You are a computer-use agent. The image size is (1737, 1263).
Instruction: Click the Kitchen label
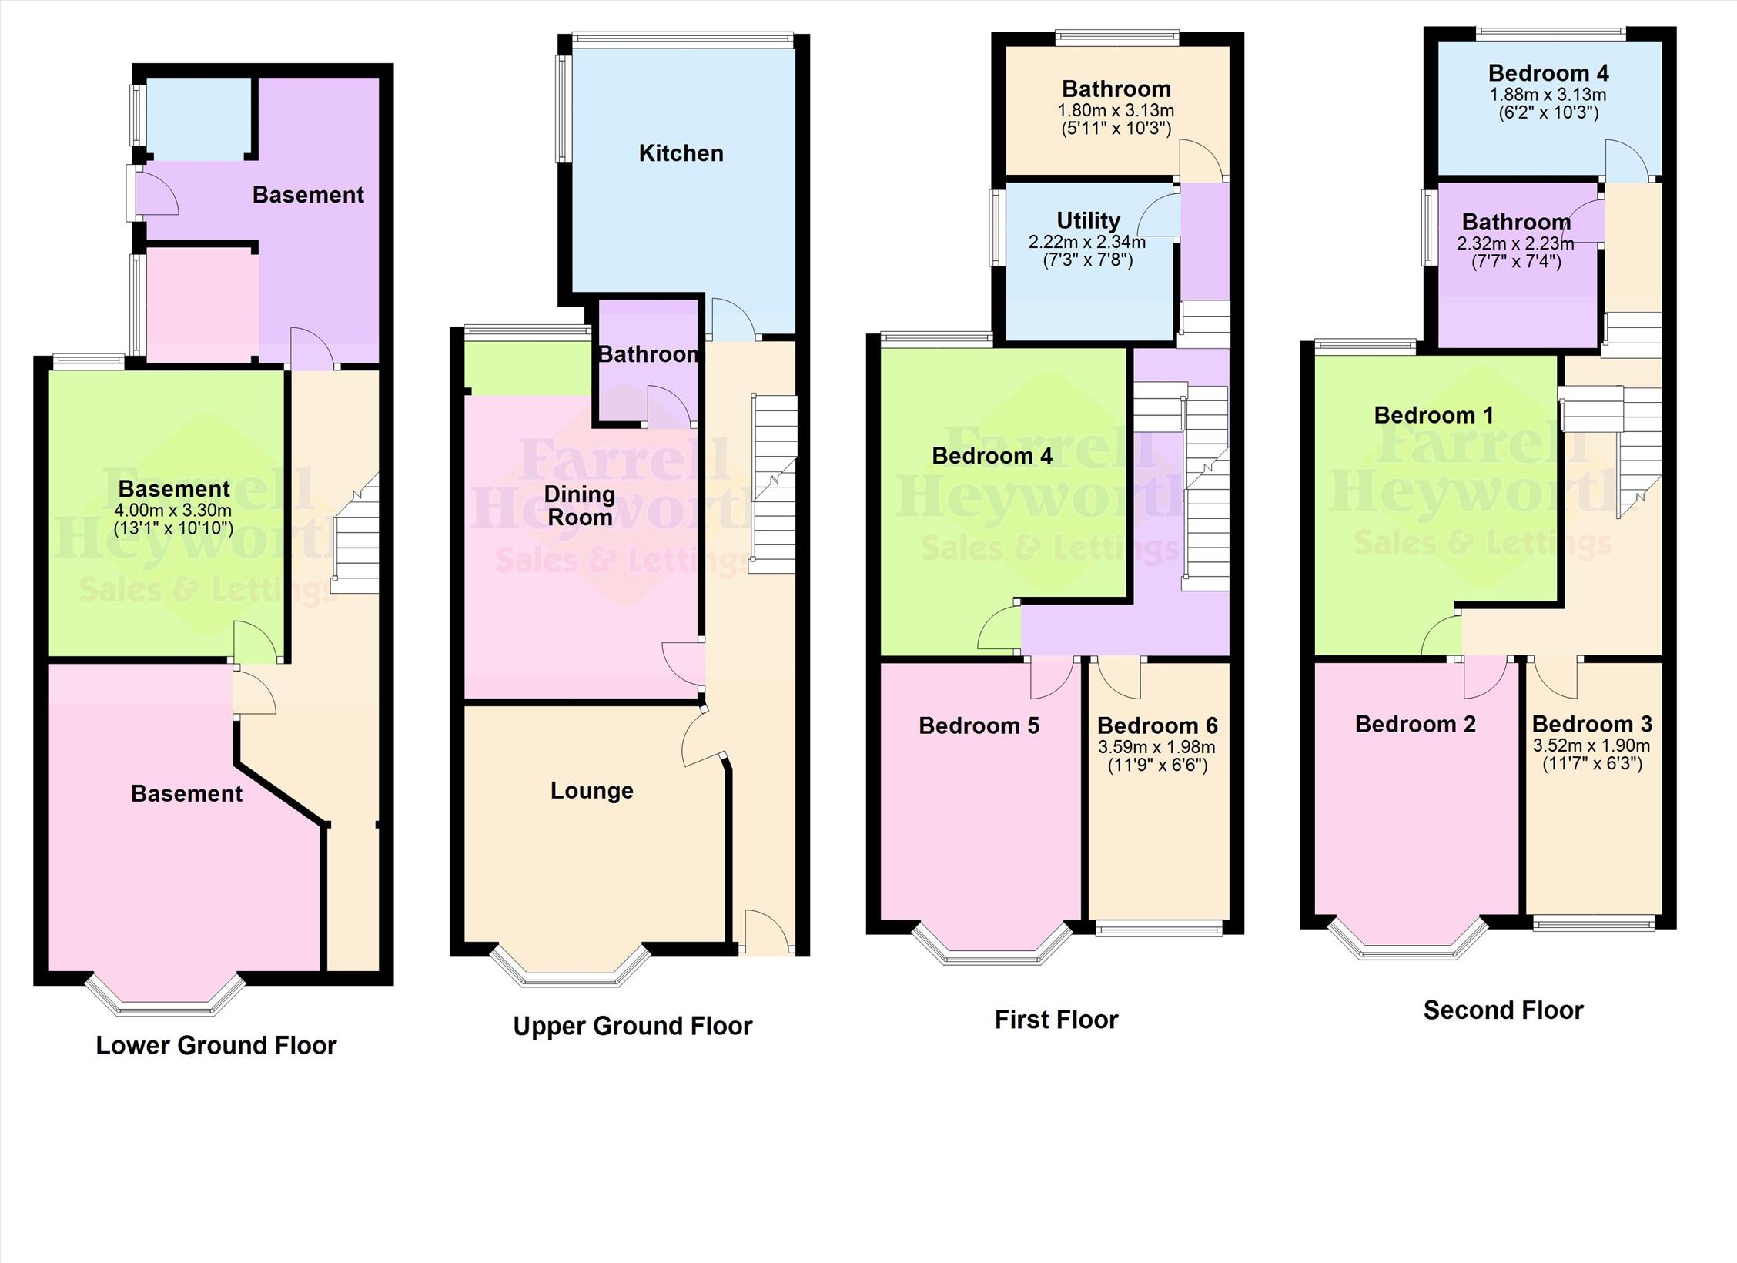point(681,153)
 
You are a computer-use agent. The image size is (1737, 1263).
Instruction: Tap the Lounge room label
point(591,790)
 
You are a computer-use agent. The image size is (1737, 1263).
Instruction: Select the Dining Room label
point(579,505)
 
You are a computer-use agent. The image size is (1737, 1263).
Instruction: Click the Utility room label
point(1087,221)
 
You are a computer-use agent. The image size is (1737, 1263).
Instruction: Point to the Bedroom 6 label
point(1156,725)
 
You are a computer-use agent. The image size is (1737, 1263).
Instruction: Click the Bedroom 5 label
point(979,725)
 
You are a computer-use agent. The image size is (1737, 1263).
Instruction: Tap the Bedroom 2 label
point(1414,724)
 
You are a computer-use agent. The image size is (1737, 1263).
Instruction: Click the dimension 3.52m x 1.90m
point(1591,745)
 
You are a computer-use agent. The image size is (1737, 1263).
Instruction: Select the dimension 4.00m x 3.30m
point(173,510)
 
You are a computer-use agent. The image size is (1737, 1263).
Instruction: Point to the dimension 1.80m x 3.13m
point(1116,110)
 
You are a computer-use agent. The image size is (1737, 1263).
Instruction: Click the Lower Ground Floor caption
point(216,1045)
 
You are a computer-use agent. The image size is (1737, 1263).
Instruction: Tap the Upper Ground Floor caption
point(632,1026)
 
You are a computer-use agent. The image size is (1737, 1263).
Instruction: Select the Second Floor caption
point(1502,1010)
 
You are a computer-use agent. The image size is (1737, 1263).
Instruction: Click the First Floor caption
point(1056,1020)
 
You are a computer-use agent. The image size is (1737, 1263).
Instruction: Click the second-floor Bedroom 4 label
point(1548,73)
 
